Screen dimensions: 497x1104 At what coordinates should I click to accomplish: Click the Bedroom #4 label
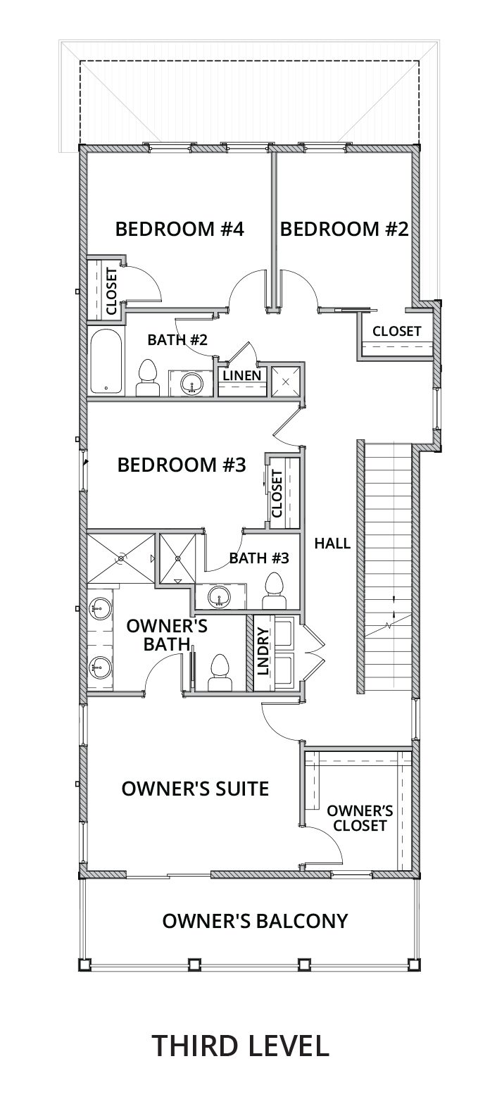point(180,230)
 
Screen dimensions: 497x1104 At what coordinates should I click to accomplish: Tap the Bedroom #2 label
point(344,230)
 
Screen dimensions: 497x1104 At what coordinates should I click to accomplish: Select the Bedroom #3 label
point(181,465)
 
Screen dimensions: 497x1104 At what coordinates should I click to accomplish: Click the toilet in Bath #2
point(148,378)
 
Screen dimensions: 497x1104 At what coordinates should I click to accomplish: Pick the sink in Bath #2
point(190,383)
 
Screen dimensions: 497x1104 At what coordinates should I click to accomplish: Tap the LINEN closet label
point(242,375)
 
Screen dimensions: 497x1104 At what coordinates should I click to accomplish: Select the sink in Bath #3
point(218,596)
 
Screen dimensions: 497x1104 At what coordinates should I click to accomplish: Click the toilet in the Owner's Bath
point(220,672)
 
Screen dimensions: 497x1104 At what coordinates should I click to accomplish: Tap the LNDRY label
point(263,651)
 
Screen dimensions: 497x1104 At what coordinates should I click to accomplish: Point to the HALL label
point(332,544)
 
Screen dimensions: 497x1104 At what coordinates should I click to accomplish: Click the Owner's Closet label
point(360,818)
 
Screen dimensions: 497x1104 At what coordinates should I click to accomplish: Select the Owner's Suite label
point(195,789)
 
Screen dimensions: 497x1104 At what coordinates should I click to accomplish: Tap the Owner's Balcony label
point(255,921)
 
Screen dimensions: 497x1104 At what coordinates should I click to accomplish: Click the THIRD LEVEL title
point(240,1046)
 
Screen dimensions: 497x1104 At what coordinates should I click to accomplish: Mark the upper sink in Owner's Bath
point(100,608)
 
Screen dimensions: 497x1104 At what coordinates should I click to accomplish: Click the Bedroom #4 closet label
point(111,291)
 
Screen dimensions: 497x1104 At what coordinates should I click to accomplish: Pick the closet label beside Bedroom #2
point(396,331)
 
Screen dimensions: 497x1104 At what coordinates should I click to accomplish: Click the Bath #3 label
point(259,558)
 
